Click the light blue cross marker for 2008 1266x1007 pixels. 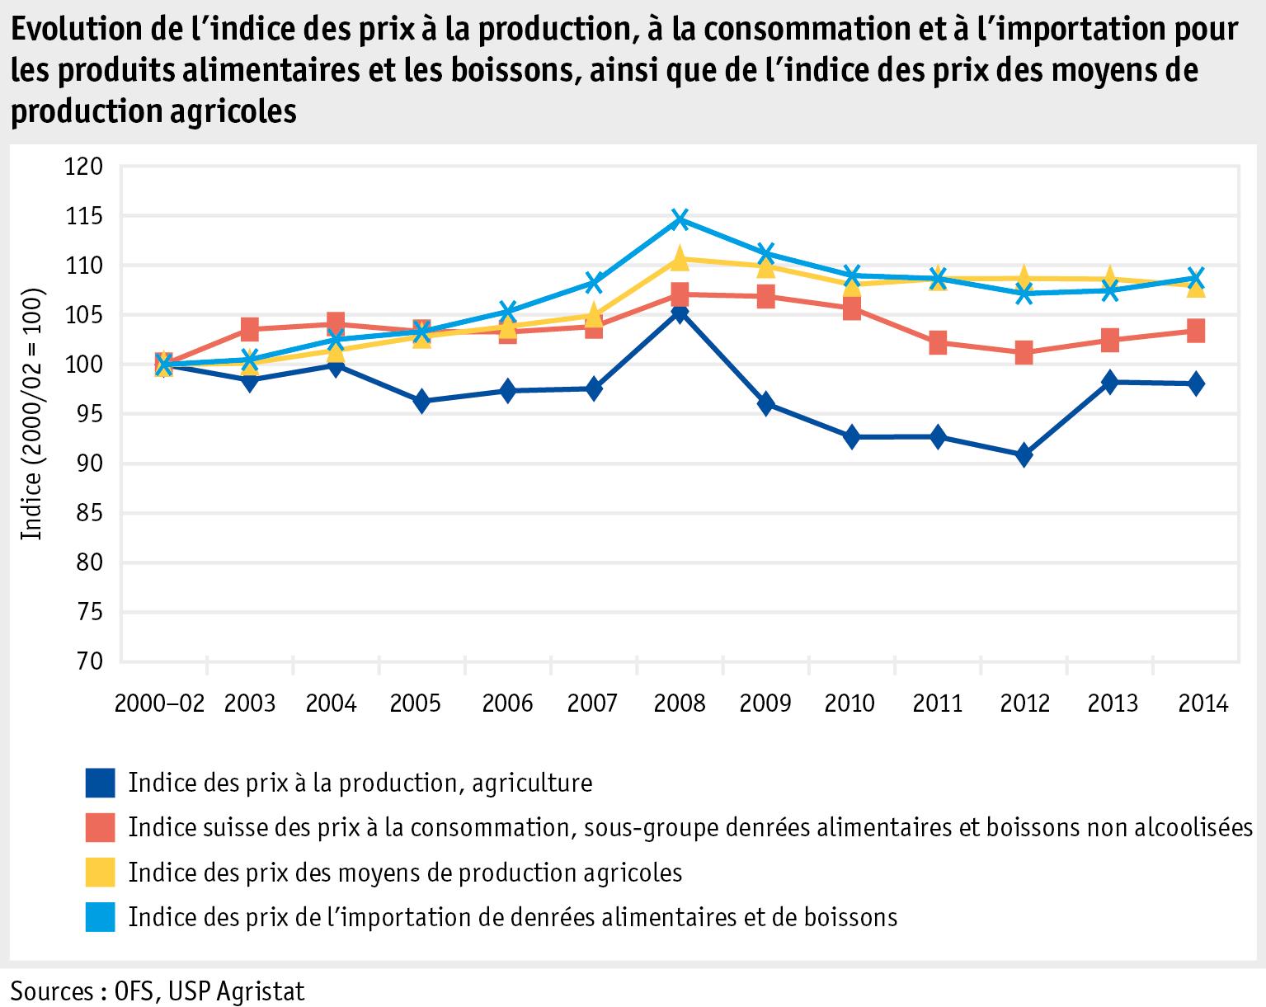680,219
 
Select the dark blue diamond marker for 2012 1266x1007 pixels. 1024,455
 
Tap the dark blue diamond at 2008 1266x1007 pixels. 680,313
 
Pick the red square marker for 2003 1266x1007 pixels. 250,330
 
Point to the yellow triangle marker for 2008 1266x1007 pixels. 680,259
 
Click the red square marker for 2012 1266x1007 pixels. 1024,353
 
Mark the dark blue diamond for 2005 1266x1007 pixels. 421,402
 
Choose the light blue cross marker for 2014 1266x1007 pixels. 1195,277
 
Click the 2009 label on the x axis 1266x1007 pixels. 765,704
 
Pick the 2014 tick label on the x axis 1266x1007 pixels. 1202,704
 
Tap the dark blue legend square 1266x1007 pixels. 100,783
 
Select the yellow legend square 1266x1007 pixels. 100,873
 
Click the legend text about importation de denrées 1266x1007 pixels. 512,917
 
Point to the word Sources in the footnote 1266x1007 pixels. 49,990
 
